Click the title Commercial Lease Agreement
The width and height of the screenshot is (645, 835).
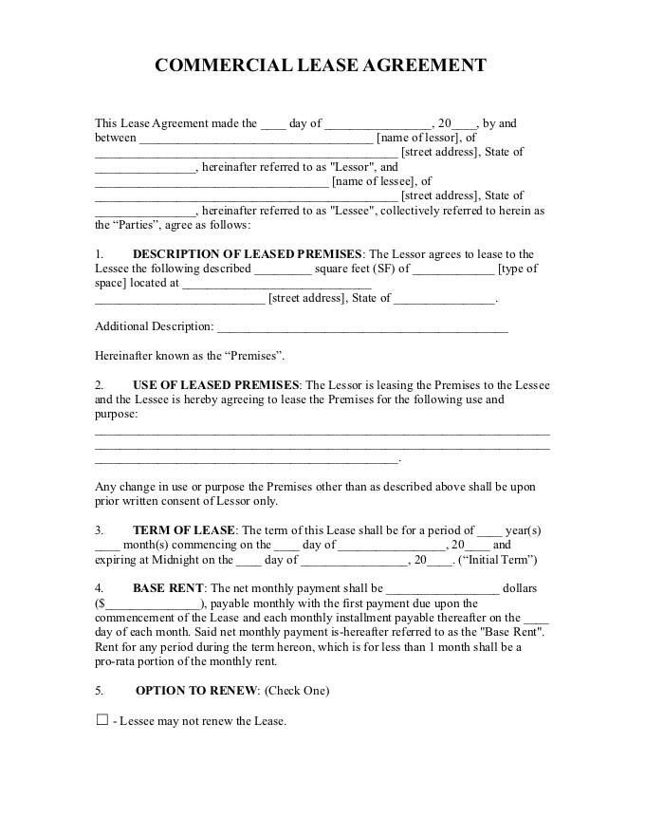pyautogui.click(x=321, y=65)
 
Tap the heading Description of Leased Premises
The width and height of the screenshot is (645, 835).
pyautogui.click(x=247, y=254)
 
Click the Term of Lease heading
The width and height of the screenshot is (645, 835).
pyautogui.click(x=183, y=530)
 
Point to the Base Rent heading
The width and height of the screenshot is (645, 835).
pyautogui.click(x=167, y=588)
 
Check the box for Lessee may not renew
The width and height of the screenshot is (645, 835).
pyautogui.click(x=102, y=720)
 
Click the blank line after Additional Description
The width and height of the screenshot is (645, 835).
pyautogui.click(x=362, y=327)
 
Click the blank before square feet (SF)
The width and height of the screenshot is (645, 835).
pyautogui.click(x=283, y=269)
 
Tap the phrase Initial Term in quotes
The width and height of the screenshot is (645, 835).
pyautogui.click(x=499, y=560)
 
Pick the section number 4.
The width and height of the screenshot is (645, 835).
pyautogui.click(x=99, y=588)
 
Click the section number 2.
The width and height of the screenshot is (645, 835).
pyautogui.click(x=99, y=385)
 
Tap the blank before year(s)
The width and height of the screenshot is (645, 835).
pyautogui.click(x=488, y=530)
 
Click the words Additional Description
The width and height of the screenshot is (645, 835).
pyautogui.click(x=154, y=326)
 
